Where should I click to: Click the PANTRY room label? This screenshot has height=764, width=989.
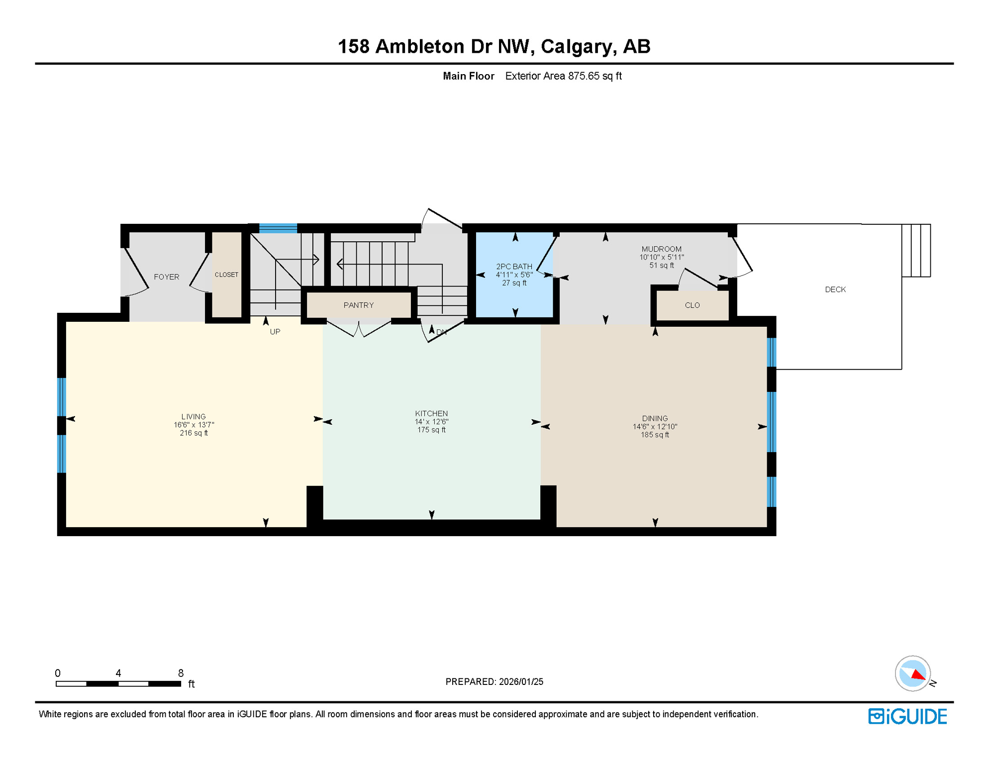coord(358,305)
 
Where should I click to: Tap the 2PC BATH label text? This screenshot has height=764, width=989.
coord(514,267)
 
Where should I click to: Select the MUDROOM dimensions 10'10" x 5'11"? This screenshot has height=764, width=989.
coord(661,257)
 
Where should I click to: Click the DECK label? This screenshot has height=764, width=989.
coord(835,289)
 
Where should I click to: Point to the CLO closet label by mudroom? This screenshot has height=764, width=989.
coord(692,305)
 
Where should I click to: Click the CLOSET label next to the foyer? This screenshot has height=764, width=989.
coord(226,275)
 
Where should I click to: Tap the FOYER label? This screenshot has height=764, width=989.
coord(166,277)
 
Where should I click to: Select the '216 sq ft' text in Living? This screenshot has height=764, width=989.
coord(194,433)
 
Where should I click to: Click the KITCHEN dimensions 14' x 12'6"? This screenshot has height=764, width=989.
coord(431,422)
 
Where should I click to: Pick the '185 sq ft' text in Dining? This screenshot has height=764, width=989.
coord(655,435)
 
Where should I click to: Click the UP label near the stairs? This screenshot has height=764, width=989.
coord(275,332)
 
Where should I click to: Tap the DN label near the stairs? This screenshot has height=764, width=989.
coord(441,332)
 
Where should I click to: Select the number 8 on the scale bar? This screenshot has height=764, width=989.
coord(181,673)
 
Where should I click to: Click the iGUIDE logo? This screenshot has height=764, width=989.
coord(907,716)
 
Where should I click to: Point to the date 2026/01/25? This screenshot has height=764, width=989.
coord(521,681)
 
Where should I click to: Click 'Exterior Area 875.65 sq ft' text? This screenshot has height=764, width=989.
coord(563,76)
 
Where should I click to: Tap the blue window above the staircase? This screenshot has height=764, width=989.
coord(278,228)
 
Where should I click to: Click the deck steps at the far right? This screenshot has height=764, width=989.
coord(916,250)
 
